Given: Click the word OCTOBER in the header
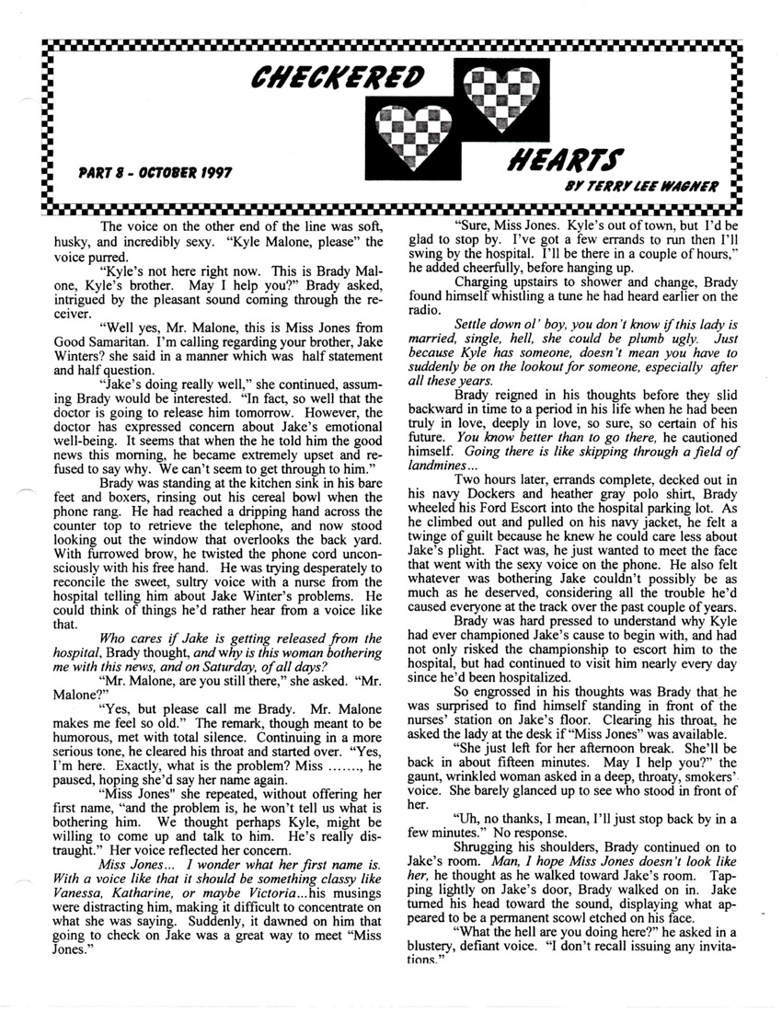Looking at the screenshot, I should click(155, 172).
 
